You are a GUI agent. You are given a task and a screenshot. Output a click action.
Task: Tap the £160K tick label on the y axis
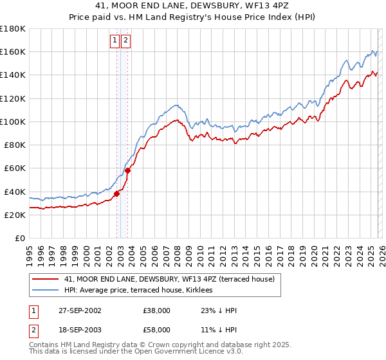tap(13, 51)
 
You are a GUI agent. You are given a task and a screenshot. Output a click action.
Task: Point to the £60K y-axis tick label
tap(15, 168)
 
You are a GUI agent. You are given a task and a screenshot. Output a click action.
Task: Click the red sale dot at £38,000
tap(116, 194)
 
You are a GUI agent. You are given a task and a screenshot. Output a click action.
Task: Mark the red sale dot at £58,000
tap(127, 170)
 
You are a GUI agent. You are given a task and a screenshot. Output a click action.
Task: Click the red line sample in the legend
tap(45, 279)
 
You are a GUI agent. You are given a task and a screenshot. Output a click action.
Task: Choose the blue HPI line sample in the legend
tap(45, 290)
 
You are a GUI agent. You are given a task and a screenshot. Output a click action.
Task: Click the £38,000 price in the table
tap(157, 310)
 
